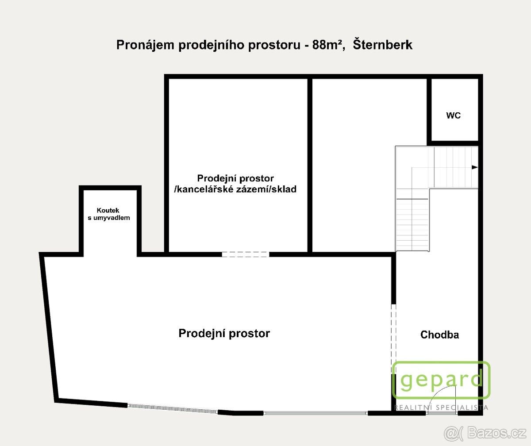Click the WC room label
point(453,115)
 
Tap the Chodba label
point(439,335)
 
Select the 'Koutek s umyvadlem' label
point(108,214)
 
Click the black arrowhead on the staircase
point(475,167)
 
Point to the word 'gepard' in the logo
point(440,380)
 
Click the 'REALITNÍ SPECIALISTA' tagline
point(441,408)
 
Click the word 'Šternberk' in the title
point(383,45)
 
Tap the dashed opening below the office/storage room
point(245,254)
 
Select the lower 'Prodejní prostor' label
point(224,333)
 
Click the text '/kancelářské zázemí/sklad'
point(235,189)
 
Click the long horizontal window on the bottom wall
point(315,413)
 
